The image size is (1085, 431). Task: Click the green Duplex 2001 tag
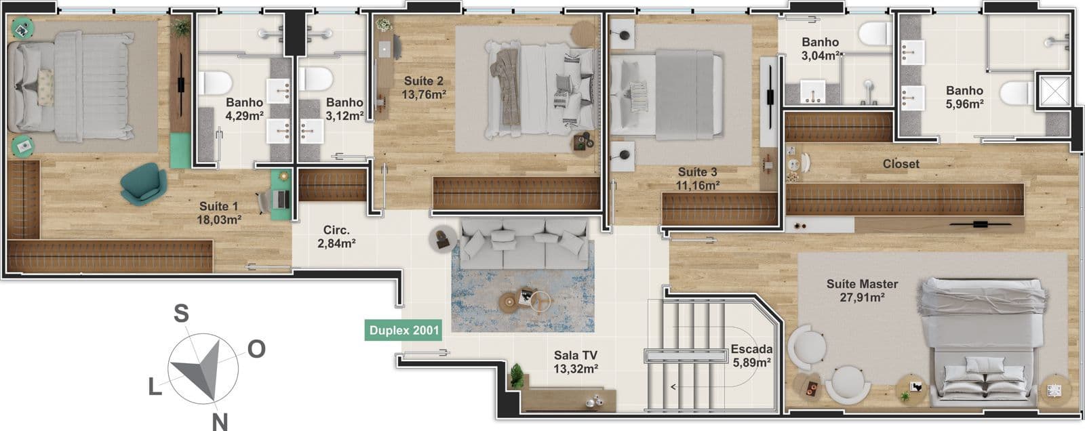pyautogui.click(x=403, y=330)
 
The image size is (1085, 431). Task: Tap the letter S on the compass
pyautogui.click(x=181, y=313)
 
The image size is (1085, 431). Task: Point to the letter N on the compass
pyautogui.click(x=220, y=422)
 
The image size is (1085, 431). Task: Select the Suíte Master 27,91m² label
pyautogui.click(x=862, y=291)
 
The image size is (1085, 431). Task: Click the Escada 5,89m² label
pyautogui.click(x=752, y=356)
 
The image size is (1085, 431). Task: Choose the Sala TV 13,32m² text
pyautogui.click(x=576, y=363)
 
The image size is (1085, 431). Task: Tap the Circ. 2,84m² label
pyautogui.click(x=336, y=237)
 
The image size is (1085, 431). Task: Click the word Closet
pyautogui.click(x=901, y=164)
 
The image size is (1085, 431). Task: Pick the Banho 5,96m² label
pyautogui.click(x=964, y=98)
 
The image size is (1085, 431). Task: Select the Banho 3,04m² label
pyautogui.click(x=820, y=49)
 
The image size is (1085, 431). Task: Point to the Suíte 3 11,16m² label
pyautogui.click(x=698, y=179)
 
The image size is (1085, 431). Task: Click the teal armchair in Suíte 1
pyautogui.click(x=143, y=184)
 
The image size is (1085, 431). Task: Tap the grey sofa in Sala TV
pyautogui.click(x=525, y=243)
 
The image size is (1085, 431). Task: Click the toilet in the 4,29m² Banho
pyautogui.click(x=215, y=83)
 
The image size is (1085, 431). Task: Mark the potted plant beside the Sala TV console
pyautogui.click(x=517, y=376)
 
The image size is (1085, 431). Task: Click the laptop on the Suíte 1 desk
pyautogui.click(x=281, y=199)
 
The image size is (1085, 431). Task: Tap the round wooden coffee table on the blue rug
pyautogui.click(x=509, y=303)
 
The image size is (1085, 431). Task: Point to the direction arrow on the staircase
pyautogui.click(x=673, y=387)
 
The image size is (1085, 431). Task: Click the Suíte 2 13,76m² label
pyautogui.click(x=423, y=87)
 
